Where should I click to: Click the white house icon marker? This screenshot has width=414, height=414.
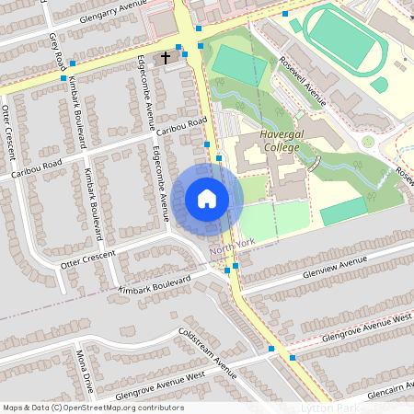(x=206, y=199)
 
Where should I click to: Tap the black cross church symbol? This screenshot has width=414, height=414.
(x=166, y=58)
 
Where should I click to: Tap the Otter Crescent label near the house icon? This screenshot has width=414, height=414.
(x=88, y=258)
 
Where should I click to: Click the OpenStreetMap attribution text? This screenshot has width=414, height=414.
(x=93, y=408)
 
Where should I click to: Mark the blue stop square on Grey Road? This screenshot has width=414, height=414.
(x=71, y=63)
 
